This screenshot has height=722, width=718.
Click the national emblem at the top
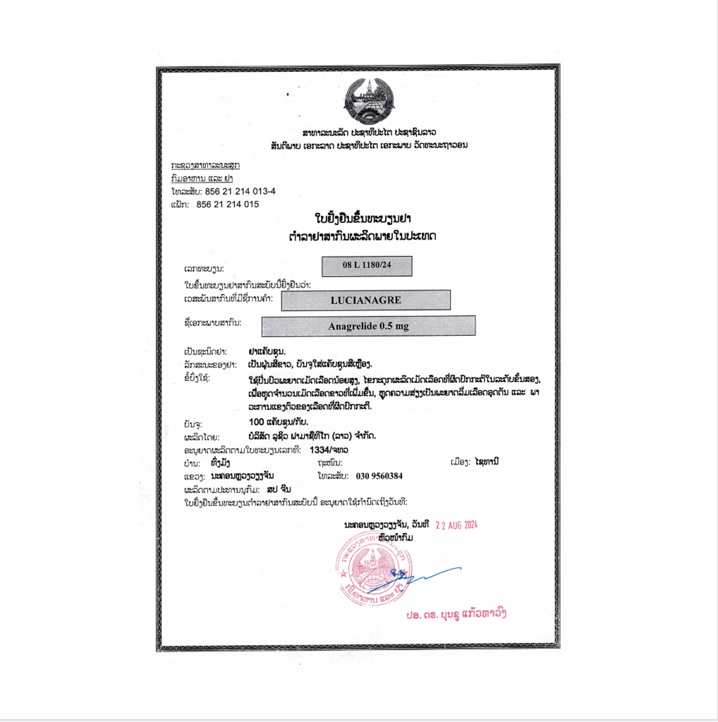click(x=371, y=102)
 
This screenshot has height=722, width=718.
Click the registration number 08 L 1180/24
click(x=366, y=266)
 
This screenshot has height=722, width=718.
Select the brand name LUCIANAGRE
click(x=365, y=300)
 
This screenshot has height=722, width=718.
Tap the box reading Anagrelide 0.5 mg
click(x=367, y=326)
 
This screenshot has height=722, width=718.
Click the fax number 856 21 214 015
click(x=227, y=204)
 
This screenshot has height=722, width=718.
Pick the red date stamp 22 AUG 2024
click(x=456, y=525)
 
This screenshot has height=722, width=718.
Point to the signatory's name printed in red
click(x=456, y=613)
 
